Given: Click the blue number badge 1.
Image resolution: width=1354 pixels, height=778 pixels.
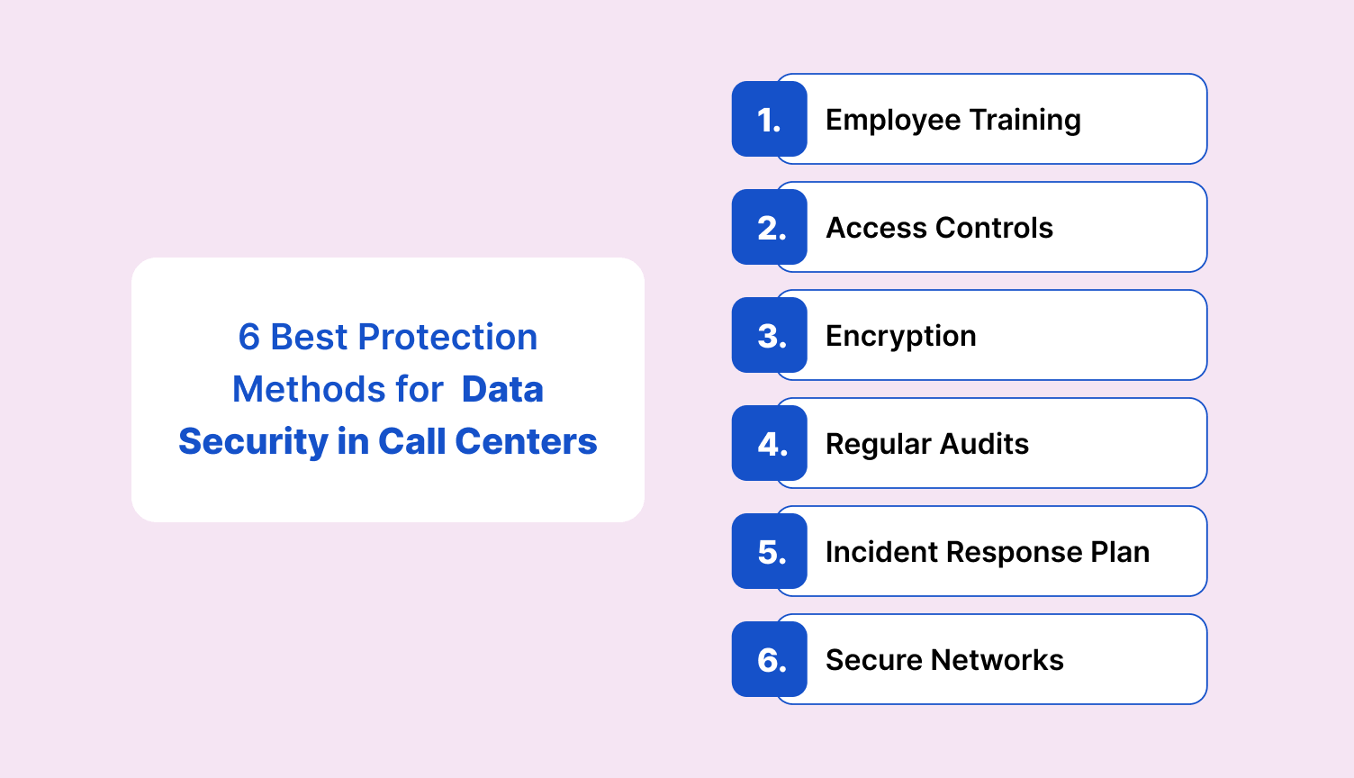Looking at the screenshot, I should (x=769, y=120).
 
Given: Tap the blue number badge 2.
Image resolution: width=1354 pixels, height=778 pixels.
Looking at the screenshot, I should (x=769, y=228).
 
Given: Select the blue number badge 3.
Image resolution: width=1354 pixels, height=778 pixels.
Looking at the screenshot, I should (x=769, y=336).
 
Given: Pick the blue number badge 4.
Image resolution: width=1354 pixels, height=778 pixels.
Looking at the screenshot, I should (x=769, y=444).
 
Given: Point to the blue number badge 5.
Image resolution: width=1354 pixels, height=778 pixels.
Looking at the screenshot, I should (x=769, y=552).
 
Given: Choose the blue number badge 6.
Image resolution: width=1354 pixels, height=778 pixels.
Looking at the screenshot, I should (x=769, y=660).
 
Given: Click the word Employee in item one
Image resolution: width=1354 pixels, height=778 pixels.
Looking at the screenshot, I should (x=892, y=121).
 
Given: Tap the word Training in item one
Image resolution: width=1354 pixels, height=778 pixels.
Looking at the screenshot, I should (x=1025, y=120).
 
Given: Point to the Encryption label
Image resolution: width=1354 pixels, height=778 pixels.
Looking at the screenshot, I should (x=900, y=337).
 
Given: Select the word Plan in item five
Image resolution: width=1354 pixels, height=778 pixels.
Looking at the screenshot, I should (x=1120, y=552).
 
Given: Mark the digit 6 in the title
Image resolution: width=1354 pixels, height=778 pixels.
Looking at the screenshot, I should (x=248, y=338).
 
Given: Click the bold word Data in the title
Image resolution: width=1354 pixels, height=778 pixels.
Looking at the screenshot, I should (x=502, y=390).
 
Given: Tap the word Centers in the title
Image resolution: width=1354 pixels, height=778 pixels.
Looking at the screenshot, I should (x=526, y=442).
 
